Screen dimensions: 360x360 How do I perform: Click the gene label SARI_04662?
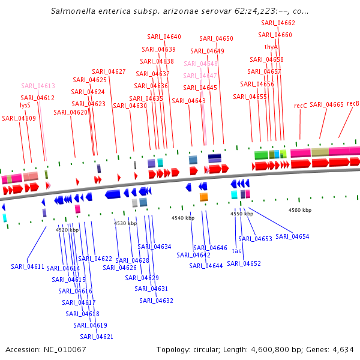278,23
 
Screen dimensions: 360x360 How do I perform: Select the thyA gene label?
271,47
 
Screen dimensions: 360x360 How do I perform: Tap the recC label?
301,106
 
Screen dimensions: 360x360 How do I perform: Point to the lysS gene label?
25,105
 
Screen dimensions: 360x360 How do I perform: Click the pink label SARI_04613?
38,86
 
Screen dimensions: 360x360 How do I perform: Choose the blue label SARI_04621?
97,337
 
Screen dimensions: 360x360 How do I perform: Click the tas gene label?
236,251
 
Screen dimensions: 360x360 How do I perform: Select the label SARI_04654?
293,236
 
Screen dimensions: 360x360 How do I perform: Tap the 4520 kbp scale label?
67,229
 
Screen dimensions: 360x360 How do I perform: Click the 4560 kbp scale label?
300,210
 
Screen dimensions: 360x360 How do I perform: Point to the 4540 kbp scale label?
183,218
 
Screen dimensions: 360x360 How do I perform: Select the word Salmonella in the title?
74,11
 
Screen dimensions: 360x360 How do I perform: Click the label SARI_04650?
217,38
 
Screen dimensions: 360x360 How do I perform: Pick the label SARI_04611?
28,266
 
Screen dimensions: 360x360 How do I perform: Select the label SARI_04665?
326,104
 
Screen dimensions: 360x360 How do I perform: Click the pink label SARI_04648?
201,64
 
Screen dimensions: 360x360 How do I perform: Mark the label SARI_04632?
157,301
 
